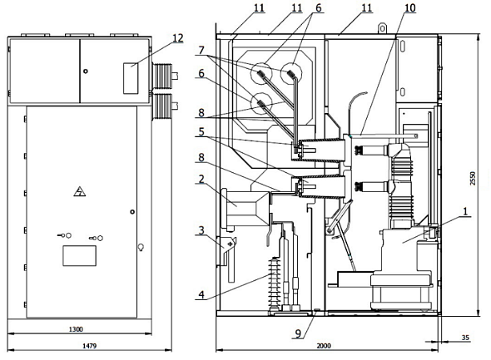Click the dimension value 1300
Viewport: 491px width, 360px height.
76,329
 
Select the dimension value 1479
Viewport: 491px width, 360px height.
89,346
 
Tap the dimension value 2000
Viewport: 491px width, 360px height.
324,346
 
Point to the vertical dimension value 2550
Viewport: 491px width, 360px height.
473,178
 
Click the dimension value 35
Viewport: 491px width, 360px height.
465,338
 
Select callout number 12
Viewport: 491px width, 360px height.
177,38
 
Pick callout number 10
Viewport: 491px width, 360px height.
410,8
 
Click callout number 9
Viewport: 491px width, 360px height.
298,333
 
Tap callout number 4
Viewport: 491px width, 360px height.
201,294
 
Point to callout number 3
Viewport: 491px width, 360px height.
201,231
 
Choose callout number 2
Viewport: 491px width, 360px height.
201,180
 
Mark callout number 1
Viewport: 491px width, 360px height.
465,211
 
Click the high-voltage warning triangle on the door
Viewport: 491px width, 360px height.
80,191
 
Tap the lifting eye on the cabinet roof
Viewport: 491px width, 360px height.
382,27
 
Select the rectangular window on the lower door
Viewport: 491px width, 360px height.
80,256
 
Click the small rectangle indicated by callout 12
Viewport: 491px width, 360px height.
131,78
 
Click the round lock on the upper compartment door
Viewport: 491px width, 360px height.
86,71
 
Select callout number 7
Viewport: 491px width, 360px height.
201,51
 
